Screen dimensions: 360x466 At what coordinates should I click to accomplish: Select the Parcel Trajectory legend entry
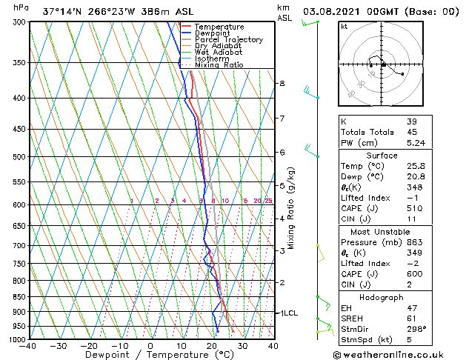point(228,40)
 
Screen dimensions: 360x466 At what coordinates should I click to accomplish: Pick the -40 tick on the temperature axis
point(28,346)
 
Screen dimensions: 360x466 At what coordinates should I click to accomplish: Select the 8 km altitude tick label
point(282,84)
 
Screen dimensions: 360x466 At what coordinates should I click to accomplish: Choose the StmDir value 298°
point(416,329)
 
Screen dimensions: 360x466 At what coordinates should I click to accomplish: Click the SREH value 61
point(411,318)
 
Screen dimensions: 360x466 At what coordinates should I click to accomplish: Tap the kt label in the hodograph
point(344,26)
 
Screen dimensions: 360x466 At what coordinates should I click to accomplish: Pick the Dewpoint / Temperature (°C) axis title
point(151,355)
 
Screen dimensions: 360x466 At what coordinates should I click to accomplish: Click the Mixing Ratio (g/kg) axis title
point(292,207)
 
